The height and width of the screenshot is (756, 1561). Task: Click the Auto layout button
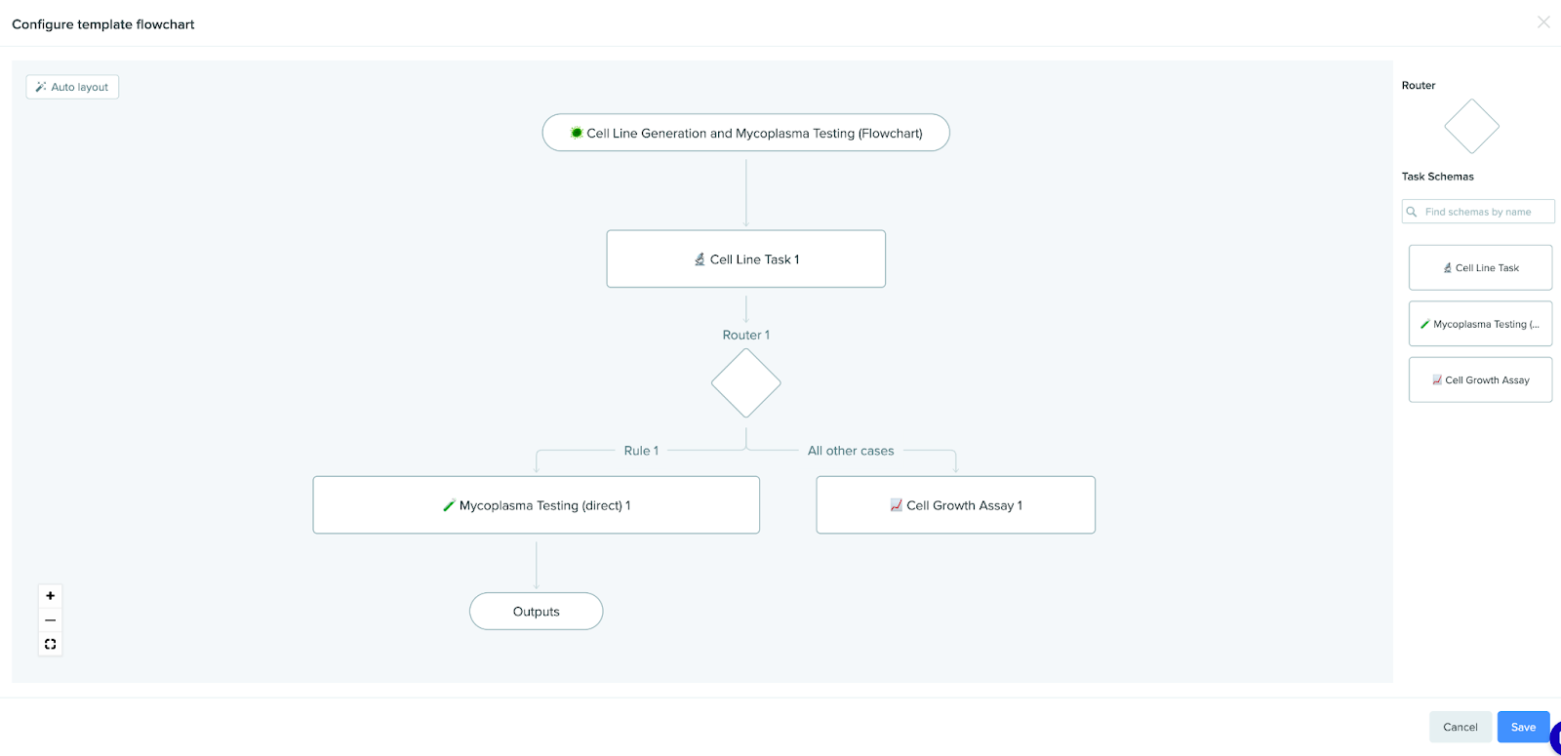pos(72,87)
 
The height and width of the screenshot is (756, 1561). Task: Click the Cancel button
pos(1460,727)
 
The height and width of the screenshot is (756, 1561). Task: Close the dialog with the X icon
pos(1543,22)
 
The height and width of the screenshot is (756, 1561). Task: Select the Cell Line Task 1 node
pos(745,259)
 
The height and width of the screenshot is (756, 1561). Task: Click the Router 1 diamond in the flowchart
pos(745,383)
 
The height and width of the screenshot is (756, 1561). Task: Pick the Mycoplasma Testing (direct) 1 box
pos(536,505)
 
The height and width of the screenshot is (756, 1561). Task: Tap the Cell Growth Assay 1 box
pos(955,505)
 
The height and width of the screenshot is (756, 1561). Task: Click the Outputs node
pos(536,611)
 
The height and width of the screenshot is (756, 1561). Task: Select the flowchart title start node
pos(745,133)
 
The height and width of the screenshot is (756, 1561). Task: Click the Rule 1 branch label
pos(641,451)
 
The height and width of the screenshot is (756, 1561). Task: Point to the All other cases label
pos(851,451)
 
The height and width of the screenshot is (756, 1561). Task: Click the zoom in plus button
pos(50,596)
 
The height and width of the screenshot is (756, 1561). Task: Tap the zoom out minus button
pos(50,620)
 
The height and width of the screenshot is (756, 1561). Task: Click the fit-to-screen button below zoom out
pos(50,644)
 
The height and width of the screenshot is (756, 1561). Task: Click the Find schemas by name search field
pos(1478,211)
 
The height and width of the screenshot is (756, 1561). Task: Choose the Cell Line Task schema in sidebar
pos(1480,267)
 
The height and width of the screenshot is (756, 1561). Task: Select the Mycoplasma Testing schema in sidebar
pos(1480,324)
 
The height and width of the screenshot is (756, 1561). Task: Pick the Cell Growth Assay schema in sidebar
pos(1480,379)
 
